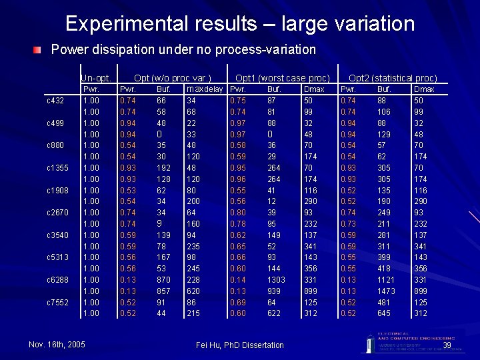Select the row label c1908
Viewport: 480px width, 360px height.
tap(57, 190)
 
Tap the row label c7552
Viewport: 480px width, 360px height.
tap(57, 302)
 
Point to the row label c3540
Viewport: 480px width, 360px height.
tap(57, 235)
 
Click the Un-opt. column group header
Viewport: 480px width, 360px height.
tap(95, 77)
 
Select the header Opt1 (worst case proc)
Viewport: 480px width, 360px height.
tap(283, 77)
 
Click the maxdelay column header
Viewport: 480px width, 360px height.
tap(204, 89)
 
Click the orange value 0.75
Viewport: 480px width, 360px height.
tap(237, 100)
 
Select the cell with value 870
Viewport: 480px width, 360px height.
tap(163, 279)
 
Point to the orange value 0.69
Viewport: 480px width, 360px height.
tap(237, 302)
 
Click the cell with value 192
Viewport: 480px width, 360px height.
tap(163, 167)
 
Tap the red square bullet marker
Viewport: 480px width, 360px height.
tap(41, 50)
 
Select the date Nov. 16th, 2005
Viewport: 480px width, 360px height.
tap(57, 344)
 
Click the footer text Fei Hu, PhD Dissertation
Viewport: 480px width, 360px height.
tap(240, 345)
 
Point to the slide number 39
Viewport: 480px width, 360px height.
tap(447, 345)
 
